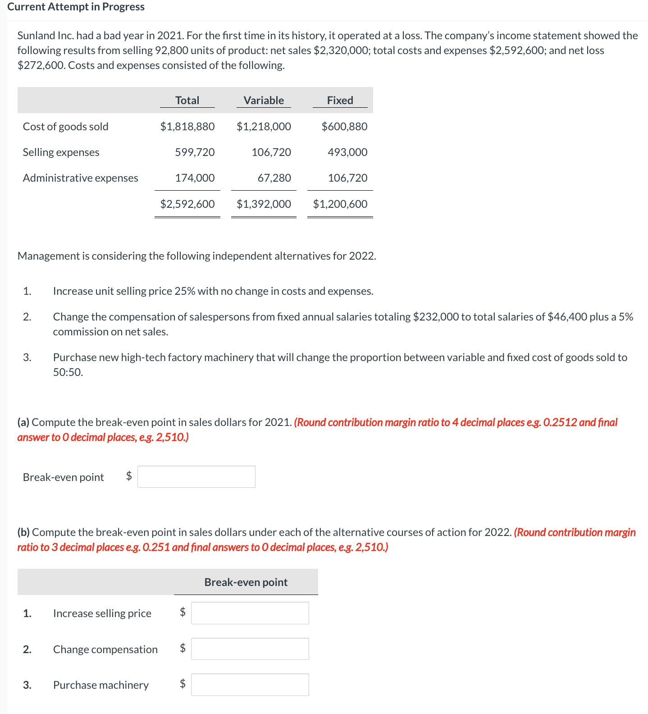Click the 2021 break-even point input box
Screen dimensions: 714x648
click(196, 477)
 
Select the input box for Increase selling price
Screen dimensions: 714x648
click(250, 613)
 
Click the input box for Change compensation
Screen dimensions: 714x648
click(250, 649)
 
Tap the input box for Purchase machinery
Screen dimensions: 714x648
click(250, 685)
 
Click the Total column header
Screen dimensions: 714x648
click(187, 101)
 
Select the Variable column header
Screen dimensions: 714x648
click(264, 101)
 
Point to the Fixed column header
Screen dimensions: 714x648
click(340, 101)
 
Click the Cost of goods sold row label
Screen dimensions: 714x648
click(66, 127)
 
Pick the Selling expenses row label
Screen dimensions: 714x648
click(61, 152)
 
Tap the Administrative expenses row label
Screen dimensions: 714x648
click(81, 178)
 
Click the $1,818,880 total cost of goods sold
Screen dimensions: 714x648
click(187, 127)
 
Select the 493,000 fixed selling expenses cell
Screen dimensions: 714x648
click(347, 152)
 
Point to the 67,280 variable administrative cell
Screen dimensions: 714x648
click(274, 178)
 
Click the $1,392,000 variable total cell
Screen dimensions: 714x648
click(264, 204)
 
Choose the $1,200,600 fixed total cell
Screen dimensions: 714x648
click(340, 204)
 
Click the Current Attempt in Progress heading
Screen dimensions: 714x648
click(76, 7)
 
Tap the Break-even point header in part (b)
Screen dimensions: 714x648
click(246, 582)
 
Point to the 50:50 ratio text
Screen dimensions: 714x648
click(68, 372)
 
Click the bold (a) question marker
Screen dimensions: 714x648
click(23, 422)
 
